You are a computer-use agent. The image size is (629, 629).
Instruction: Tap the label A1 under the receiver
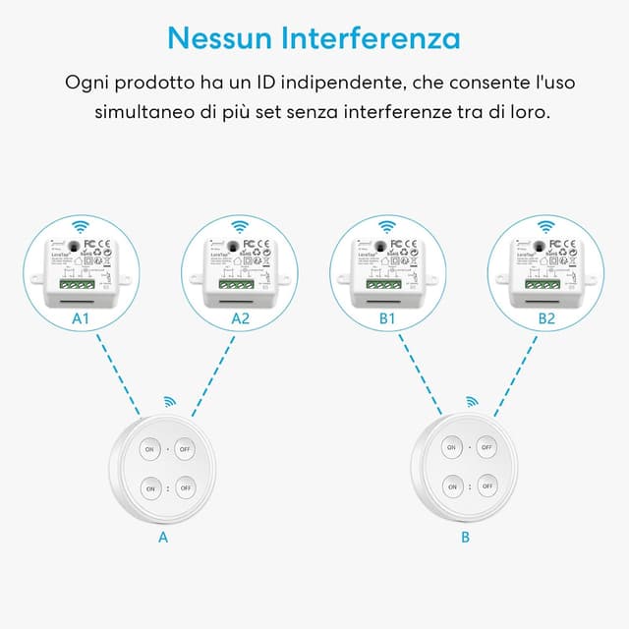(82, 318)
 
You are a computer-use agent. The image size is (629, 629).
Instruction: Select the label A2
(241, 318)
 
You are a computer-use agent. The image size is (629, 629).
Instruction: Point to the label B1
(387, 318)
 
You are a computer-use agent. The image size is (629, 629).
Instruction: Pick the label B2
(546, 318)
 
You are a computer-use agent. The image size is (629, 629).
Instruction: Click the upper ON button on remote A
(150, 448)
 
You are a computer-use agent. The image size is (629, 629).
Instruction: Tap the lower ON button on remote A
(150, 486)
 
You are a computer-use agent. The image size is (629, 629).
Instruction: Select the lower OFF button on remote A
(187, 486)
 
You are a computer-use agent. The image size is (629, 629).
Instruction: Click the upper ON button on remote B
(451, 448)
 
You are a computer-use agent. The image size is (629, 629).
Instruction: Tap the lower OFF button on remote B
(487, 486)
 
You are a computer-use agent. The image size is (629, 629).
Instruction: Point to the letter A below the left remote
(163, 538)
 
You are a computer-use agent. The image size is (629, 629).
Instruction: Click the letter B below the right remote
(465, 538)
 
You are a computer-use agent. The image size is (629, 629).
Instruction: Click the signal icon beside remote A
(170, 402)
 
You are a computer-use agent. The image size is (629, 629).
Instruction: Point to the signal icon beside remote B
(472, 402)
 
